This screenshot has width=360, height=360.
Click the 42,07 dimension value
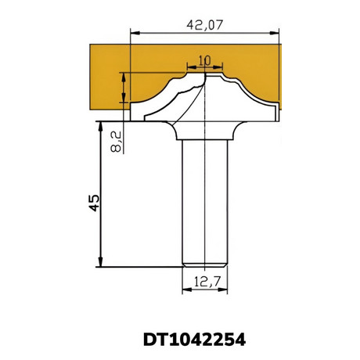click(205, 25)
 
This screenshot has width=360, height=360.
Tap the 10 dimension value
click(204, 61)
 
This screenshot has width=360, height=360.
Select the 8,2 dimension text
click(117, 142)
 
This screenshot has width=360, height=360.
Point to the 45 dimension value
click(94, 203)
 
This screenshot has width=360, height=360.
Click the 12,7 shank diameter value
click(207, 282)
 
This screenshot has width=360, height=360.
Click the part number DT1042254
click(195, 340)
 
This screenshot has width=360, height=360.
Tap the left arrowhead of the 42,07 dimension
click(135, 33)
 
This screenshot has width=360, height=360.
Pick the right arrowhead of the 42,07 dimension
click(274, 33)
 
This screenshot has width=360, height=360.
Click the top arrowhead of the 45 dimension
click(100, 126)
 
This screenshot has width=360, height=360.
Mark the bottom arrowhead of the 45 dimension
click(100, 262)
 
